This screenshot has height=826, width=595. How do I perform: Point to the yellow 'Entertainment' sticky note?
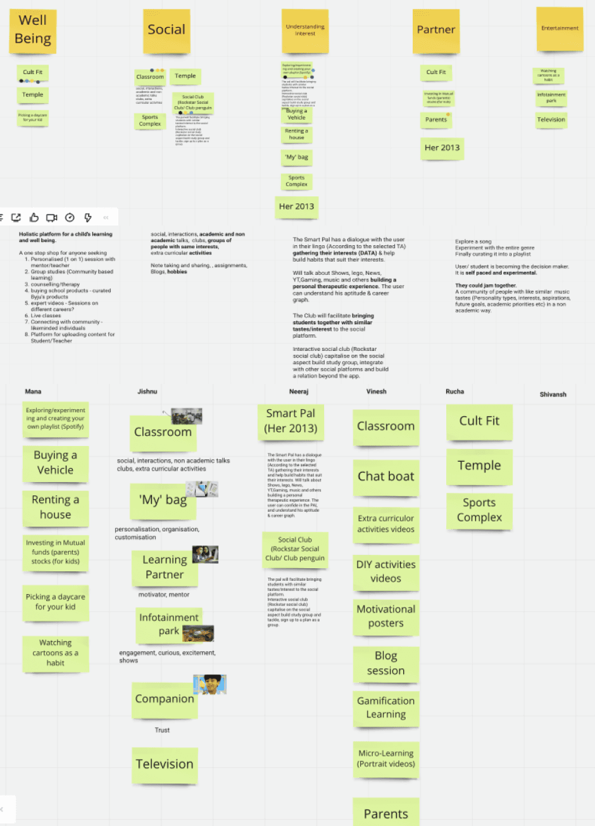point(560,29)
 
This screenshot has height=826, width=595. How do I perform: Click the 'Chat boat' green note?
point(385,476)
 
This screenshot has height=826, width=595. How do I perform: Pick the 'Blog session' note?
point(385,663)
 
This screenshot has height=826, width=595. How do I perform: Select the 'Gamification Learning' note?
point(385,708)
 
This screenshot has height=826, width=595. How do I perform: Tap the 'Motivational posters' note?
point(385,616)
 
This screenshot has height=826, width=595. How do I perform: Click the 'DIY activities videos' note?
point(385,571)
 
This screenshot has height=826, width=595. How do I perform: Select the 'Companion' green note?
point(165,699)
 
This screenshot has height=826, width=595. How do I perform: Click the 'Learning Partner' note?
point(165,567)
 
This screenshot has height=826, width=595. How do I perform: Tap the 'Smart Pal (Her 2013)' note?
point(291,421)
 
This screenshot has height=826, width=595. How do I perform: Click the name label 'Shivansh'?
point(553,395)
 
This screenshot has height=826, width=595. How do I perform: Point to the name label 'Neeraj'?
point(299,391)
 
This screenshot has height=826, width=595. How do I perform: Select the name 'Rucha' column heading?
point(454,391)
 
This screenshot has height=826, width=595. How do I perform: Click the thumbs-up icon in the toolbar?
point(34,217)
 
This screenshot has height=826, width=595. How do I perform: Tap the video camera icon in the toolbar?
point(52,217)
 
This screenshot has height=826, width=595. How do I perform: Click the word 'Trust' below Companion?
point(162,730)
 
